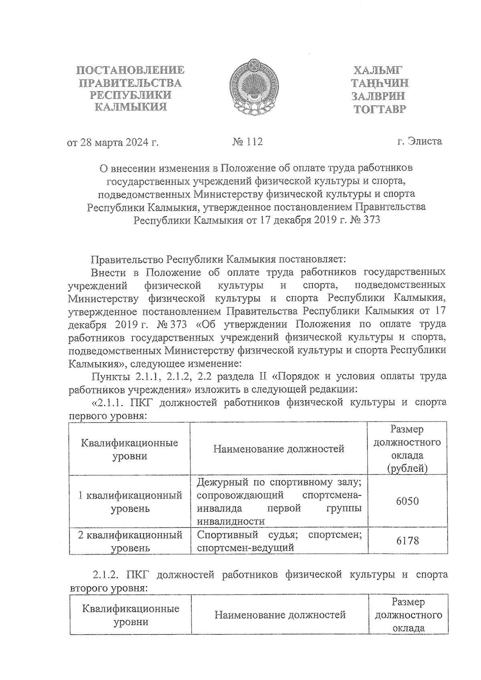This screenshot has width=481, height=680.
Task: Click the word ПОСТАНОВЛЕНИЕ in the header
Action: pyautogui.click(x=130, y=71)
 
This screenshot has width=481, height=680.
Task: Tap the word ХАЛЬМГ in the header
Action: pyautogui.click(x=377, y=71)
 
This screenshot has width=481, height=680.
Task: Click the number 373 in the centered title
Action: pyautogui.click(x=370, y=220)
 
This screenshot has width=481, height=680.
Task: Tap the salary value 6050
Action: pyautogui.click(x=407, y=501)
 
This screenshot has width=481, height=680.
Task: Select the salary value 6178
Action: pyautogui.click(x=407, y=541)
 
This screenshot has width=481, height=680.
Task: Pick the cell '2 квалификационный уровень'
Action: pyautogui.click(x=130, y=541)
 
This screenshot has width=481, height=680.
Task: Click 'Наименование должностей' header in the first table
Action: pyautogui.click(x=279, y=449)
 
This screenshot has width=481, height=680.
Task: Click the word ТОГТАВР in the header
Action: pyautogui.click(x=379, y=109)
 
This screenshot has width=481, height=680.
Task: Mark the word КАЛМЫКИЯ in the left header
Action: pyautogui.click(x=130, y=107)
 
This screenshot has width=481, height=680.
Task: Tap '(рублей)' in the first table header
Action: pyautogui.click(x=407, y=468)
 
